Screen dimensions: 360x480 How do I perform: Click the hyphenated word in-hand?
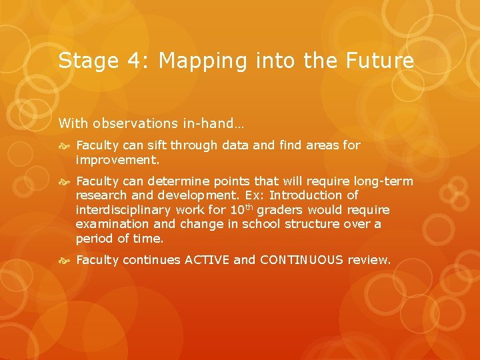203,123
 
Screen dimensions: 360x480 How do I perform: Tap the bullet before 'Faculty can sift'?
65,145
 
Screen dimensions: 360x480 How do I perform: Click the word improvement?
117,160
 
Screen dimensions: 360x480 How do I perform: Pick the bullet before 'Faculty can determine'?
65,182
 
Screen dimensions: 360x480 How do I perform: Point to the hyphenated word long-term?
383,182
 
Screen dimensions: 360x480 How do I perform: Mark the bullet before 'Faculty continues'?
65,260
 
